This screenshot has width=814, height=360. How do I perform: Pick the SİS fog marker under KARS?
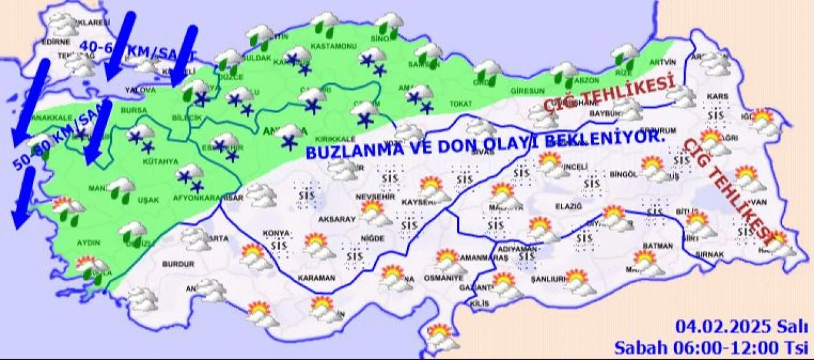tap(716, 115)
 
